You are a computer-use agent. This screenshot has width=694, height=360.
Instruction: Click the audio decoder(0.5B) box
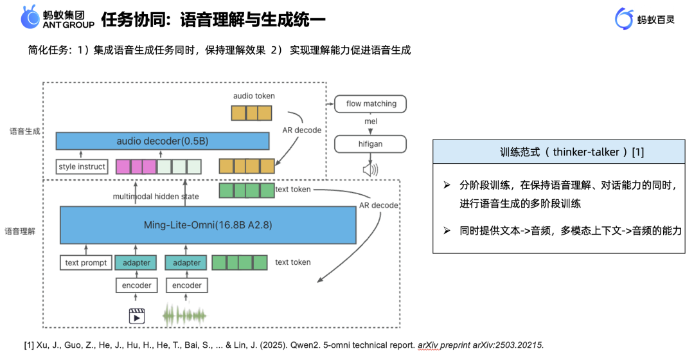[x=162, y=141]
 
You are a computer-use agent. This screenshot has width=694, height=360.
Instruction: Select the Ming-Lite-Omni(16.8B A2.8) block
[x=208, y=225]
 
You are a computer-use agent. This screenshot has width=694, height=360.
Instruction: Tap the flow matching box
[x=371, y=104]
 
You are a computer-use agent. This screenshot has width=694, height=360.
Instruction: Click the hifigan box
[x=371, y=144]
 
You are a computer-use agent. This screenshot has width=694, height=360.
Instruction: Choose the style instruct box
[x=82, y=167]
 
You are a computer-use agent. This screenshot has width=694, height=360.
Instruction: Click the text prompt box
[x=85, y=262]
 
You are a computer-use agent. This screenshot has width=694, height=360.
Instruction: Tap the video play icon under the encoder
[x=136, y=316]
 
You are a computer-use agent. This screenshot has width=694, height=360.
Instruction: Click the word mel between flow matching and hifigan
[x=371, y=122]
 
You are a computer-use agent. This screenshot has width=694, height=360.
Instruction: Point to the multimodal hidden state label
[x=156, y=196]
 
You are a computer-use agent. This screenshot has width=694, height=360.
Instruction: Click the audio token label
[x=254, y=96]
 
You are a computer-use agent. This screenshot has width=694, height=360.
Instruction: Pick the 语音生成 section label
[x=25, y=131]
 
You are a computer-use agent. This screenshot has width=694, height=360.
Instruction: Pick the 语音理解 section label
[x=20, y=230]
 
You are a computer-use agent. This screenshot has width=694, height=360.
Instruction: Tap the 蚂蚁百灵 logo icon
[x=624, y=19]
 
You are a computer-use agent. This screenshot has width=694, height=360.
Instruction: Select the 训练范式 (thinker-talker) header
[x=558, y=152]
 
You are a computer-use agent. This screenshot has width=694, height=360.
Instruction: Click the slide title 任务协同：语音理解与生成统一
[x=213, y=19]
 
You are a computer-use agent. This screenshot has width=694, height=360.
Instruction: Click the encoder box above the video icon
[x=136, y=285]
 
